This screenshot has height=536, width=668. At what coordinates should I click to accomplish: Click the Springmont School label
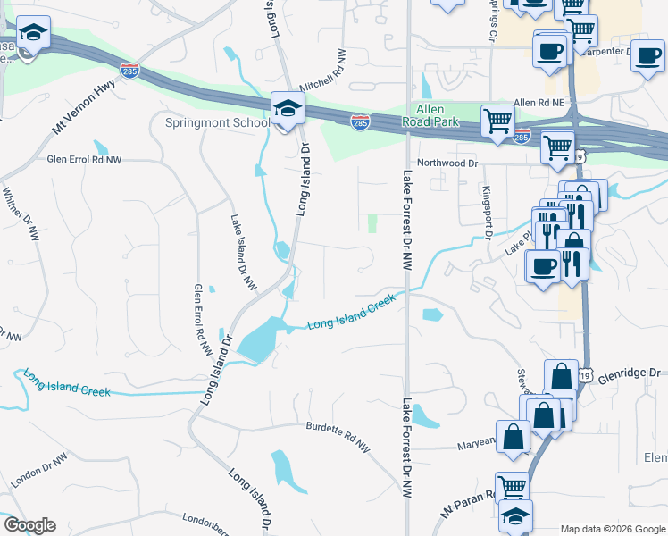(x=217, y=122)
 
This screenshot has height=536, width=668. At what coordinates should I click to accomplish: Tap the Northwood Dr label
(x=447, y=163)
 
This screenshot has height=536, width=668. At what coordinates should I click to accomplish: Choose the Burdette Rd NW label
(x=337, y=434)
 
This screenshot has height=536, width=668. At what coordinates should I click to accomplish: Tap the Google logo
(x=29, y=525)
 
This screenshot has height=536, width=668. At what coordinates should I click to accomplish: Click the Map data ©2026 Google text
(x=612, y=529)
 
